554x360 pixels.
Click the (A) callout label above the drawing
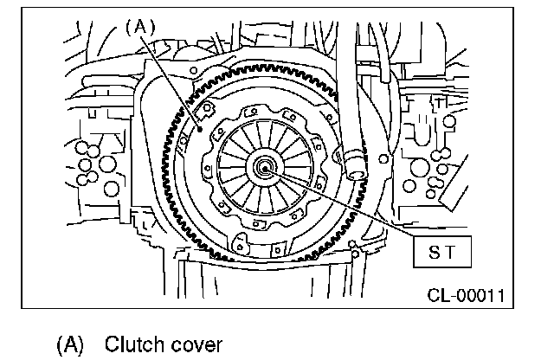(139, 26)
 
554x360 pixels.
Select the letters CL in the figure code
(438, 296)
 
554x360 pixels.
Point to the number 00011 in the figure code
(479, 296)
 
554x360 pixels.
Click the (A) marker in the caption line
(70, 344)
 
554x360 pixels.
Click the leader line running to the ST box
(346, 206)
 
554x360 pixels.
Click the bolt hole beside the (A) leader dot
(209, 110)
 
